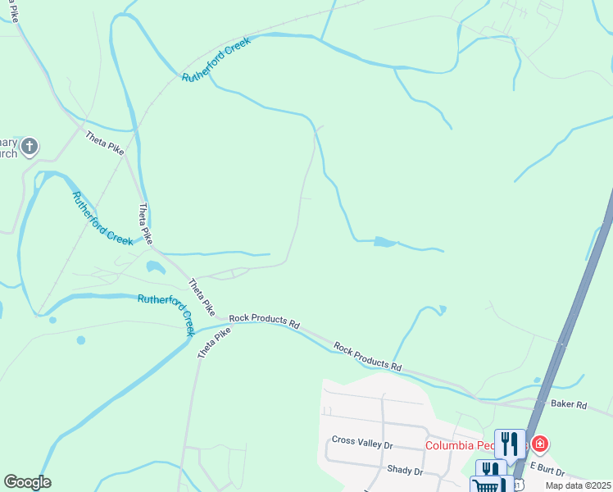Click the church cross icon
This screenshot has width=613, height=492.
29,147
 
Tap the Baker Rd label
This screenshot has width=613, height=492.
569,404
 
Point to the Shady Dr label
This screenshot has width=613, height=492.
405,471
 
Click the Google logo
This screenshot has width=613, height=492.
27,482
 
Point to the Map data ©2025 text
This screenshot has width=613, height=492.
579,485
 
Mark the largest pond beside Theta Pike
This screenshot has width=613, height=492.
155,266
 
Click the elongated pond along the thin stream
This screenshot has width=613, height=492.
383,242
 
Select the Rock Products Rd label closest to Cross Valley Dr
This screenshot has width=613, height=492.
368,356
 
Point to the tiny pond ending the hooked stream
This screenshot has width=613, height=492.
442,309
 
